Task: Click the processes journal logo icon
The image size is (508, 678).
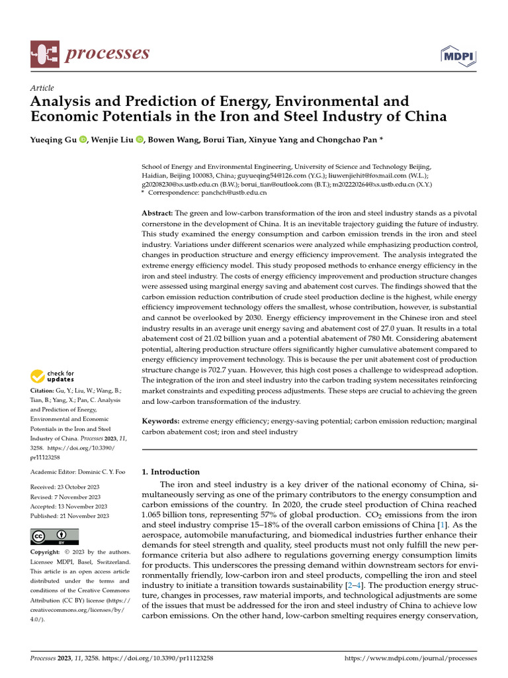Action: (x=44, y=54)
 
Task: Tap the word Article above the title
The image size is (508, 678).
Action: (x=42, y=88)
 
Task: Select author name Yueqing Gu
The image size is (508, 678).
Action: (x=54, y=140)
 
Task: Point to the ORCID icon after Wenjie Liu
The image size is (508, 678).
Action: (x=140, y=140)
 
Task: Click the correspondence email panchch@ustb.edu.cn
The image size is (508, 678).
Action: (x=235, y=193)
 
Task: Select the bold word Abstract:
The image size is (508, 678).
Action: (x=157, y=213)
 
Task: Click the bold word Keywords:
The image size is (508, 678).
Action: (x=161, y=420)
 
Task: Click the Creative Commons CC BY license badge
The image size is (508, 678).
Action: (x=55, y=536)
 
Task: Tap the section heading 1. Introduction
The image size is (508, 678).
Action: (x=171, y=472)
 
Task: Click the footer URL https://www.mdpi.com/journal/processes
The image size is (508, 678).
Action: (x=411, y=659)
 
